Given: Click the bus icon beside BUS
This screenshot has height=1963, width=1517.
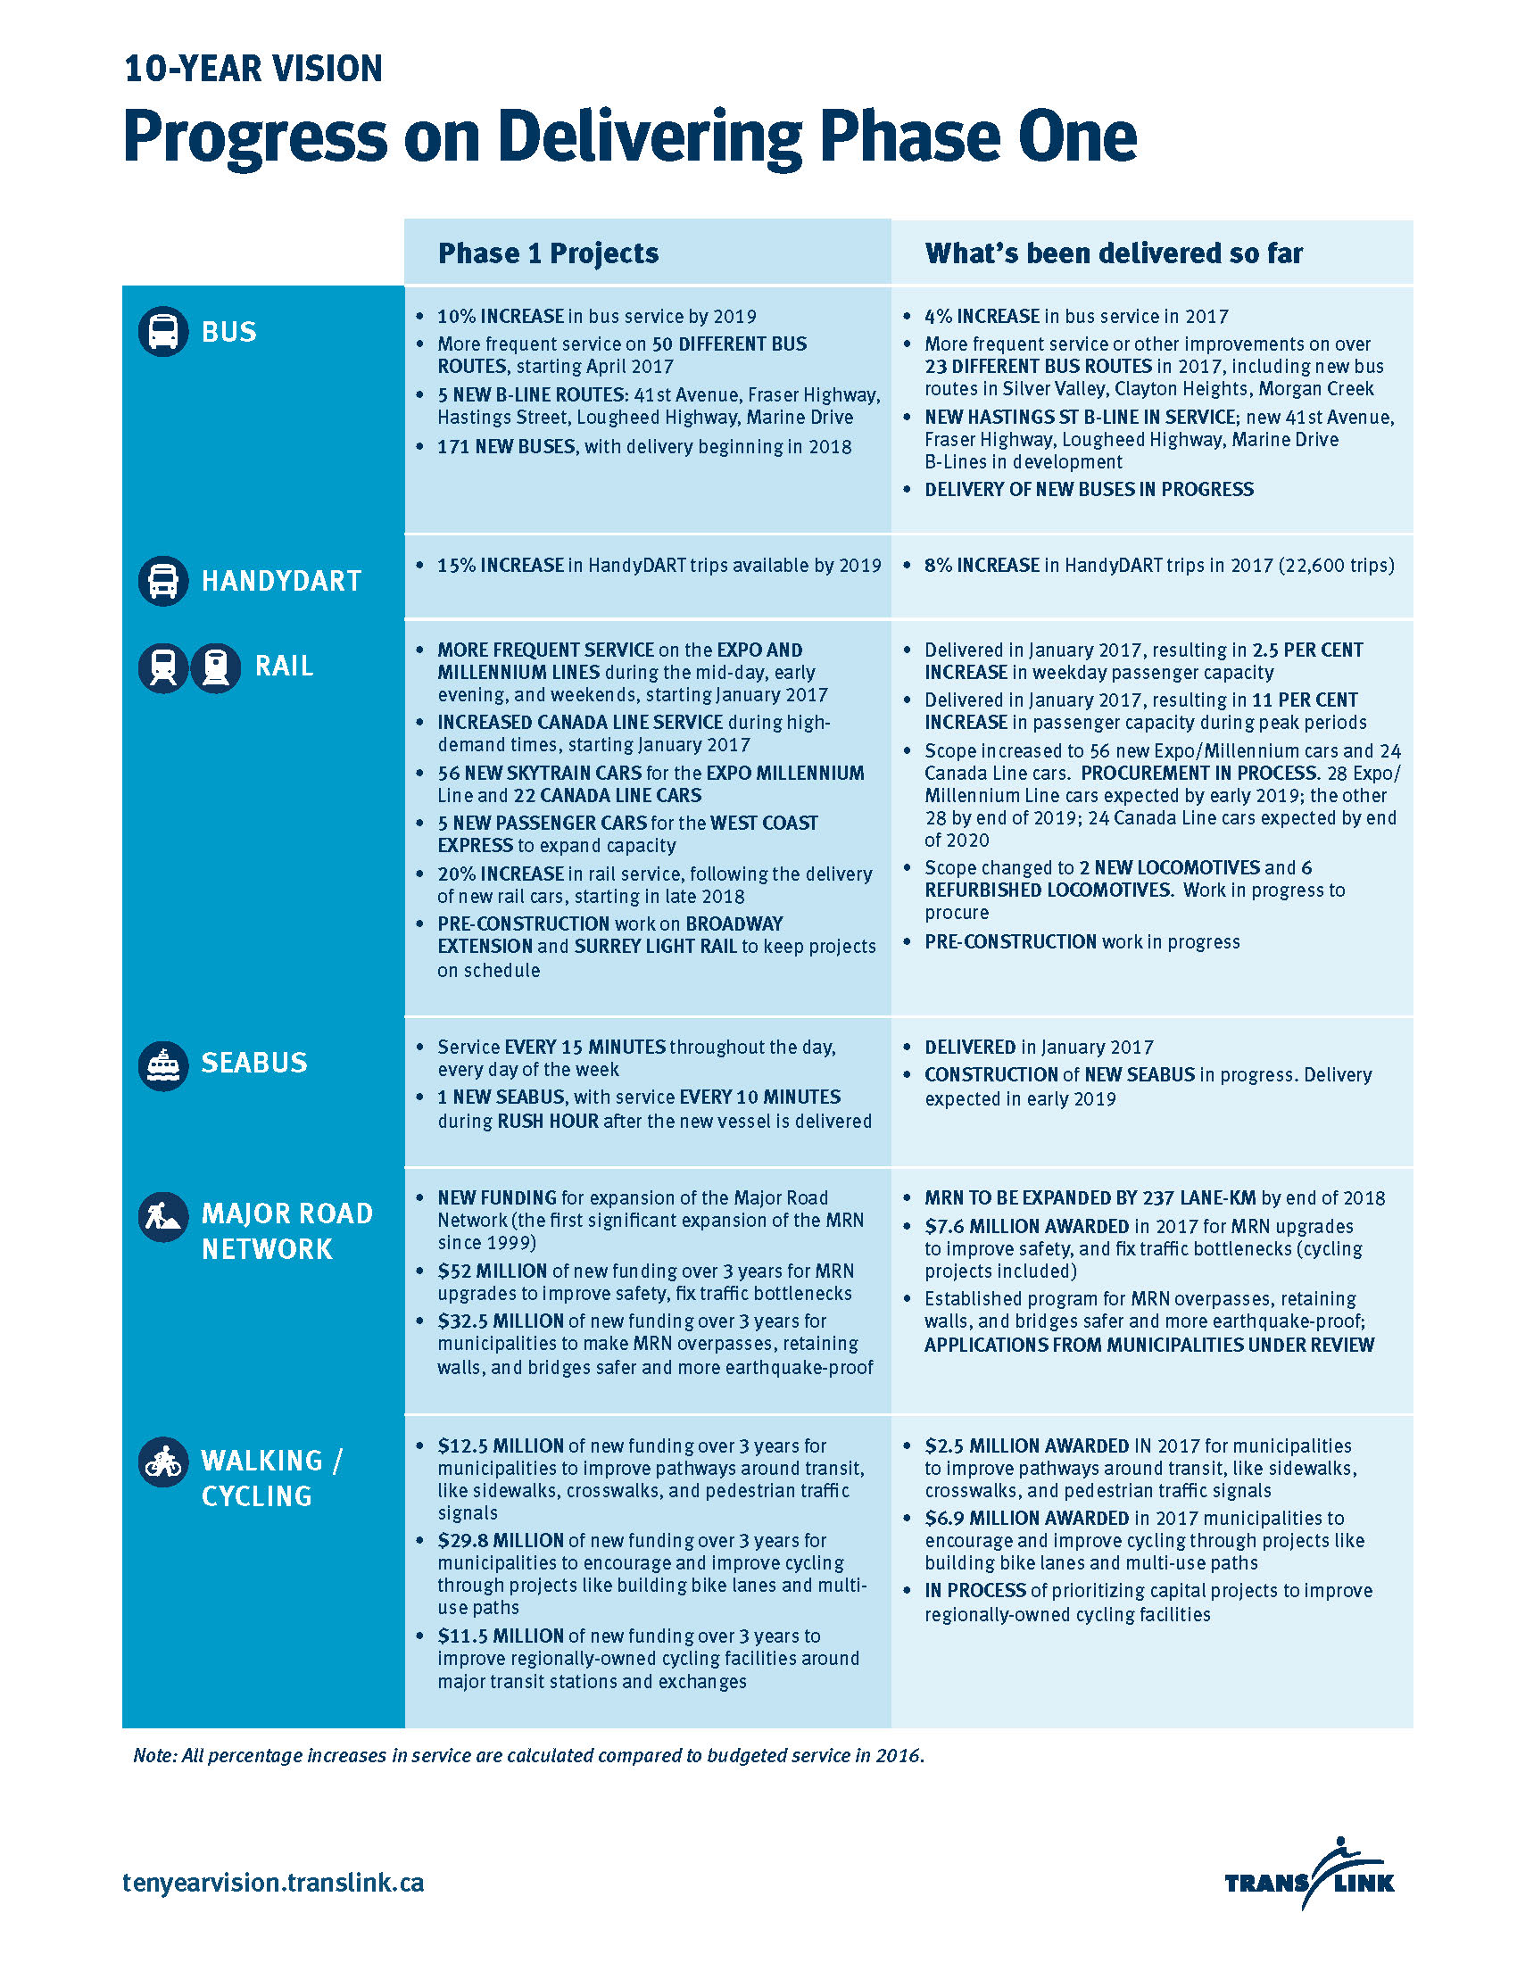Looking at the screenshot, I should point(162,332).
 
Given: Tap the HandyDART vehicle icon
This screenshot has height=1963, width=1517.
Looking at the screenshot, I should point(162,581).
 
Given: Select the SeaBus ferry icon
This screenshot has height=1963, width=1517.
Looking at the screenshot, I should point(162,1066).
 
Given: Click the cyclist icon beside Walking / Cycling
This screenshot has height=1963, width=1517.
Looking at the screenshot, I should point(162,1462).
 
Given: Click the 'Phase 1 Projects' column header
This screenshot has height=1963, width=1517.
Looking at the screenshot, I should point(548,253).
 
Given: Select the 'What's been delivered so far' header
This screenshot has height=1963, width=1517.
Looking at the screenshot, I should point(1114,253).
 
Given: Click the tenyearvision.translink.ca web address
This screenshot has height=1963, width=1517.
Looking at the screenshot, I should point(273,1882).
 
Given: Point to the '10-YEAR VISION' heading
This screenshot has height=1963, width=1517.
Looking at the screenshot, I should point(253,70).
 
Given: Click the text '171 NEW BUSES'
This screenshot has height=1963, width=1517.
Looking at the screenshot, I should point(506,447).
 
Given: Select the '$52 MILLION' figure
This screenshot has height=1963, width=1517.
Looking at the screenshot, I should point(493,1271).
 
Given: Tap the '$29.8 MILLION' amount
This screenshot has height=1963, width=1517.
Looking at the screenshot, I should point(501,1541).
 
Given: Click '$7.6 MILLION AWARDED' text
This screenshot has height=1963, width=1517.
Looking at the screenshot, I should point(1026,1226).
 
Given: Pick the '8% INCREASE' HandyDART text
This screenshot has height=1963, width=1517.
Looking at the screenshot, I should point(982,566).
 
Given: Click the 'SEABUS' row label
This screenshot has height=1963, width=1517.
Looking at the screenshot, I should point(253,1063).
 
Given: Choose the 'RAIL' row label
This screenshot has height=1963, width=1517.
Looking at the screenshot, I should point(284,666).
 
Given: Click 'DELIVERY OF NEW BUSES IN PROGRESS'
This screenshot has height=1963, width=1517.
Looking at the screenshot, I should point(1089,490).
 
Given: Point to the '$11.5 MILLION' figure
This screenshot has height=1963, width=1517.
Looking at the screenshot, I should point(501,1636).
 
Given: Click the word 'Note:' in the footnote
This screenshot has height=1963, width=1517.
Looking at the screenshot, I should point(155,1755).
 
